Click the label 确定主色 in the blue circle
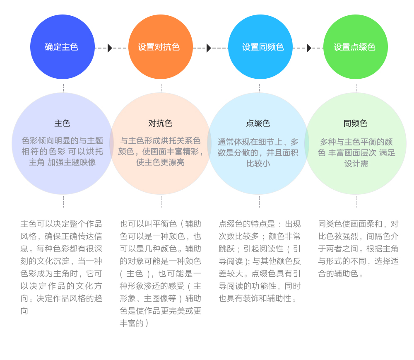click(x=62, y=47)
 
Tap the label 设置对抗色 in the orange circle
click(x=159, y=47)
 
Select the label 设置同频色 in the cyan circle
click(x=263, y=47)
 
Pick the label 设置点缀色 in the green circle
click(x=354, y=47)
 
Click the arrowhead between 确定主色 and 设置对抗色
click(x=110, y=48)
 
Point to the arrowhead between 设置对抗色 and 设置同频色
click(x=209, y=48)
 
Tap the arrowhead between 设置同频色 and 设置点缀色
click(x=309, y=48)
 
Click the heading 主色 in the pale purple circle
click(x=63, y=123)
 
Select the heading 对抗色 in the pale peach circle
click(x=160, y=123)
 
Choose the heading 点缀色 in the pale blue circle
click(x=258, y=123)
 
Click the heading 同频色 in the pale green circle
click(x=355, y=123)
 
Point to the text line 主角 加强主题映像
click(x=63, y=162)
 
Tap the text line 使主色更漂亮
click(x=160, y=162)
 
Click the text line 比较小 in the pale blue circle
click(x=258, y=164)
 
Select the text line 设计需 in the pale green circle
click(x=356, y=164)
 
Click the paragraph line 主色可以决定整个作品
click(x=61, y=224)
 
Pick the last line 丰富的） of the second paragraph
click(x=134, y=323)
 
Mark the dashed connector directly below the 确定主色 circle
click(x=63, y=88)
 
